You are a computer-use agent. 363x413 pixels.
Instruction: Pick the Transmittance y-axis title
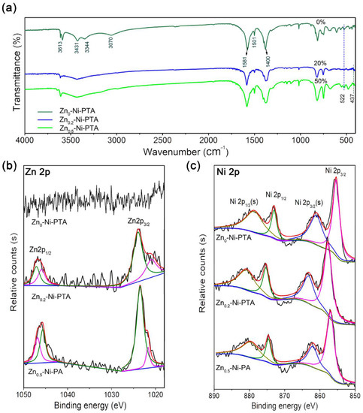(9, 68)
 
